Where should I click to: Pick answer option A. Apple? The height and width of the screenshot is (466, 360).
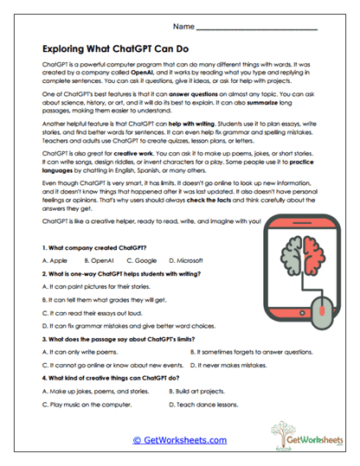pyautogui.click(x=54, y=259)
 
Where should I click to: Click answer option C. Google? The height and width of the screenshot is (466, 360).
pyautogui.click(x=140, y=259)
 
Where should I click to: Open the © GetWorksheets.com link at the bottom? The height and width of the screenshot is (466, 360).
pyautogui.click(x=180, y=440)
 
